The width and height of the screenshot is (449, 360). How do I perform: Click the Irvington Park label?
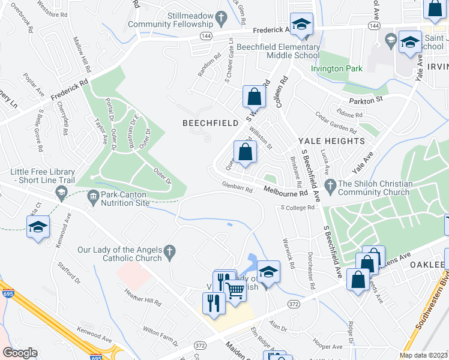336,68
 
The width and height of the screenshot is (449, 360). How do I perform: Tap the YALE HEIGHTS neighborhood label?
331,141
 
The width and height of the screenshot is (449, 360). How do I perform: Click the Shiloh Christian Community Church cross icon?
329,184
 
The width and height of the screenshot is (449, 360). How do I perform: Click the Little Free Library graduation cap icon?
61,193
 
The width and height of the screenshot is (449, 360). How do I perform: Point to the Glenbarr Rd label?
236,187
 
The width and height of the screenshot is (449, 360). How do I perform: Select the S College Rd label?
298,208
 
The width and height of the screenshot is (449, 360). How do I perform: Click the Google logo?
20,353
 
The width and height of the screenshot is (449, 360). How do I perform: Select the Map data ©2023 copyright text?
423,355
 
